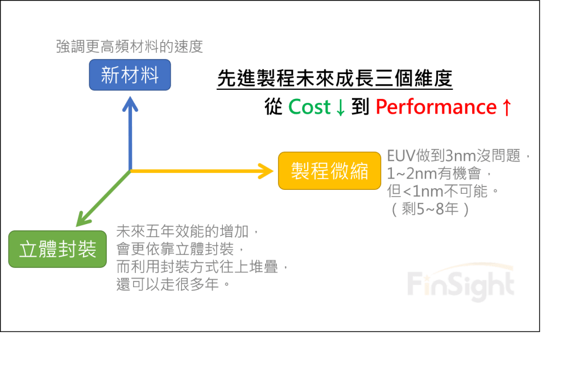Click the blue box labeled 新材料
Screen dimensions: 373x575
click(130, 75)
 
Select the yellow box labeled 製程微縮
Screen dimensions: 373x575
click(330, 171)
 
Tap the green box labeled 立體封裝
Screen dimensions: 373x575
click(58, 249)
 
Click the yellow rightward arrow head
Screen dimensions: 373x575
click(265, 171)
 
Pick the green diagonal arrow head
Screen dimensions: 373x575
click(83, 219)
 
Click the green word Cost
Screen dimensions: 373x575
click(309, 107)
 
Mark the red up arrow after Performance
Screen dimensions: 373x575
click(507, 107)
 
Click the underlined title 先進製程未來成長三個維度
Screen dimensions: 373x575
click(334, 79)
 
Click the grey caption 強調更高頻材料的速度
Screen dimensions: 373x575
click(129, 47)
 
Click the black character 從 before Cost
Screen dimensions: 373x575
click(273, 107)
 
